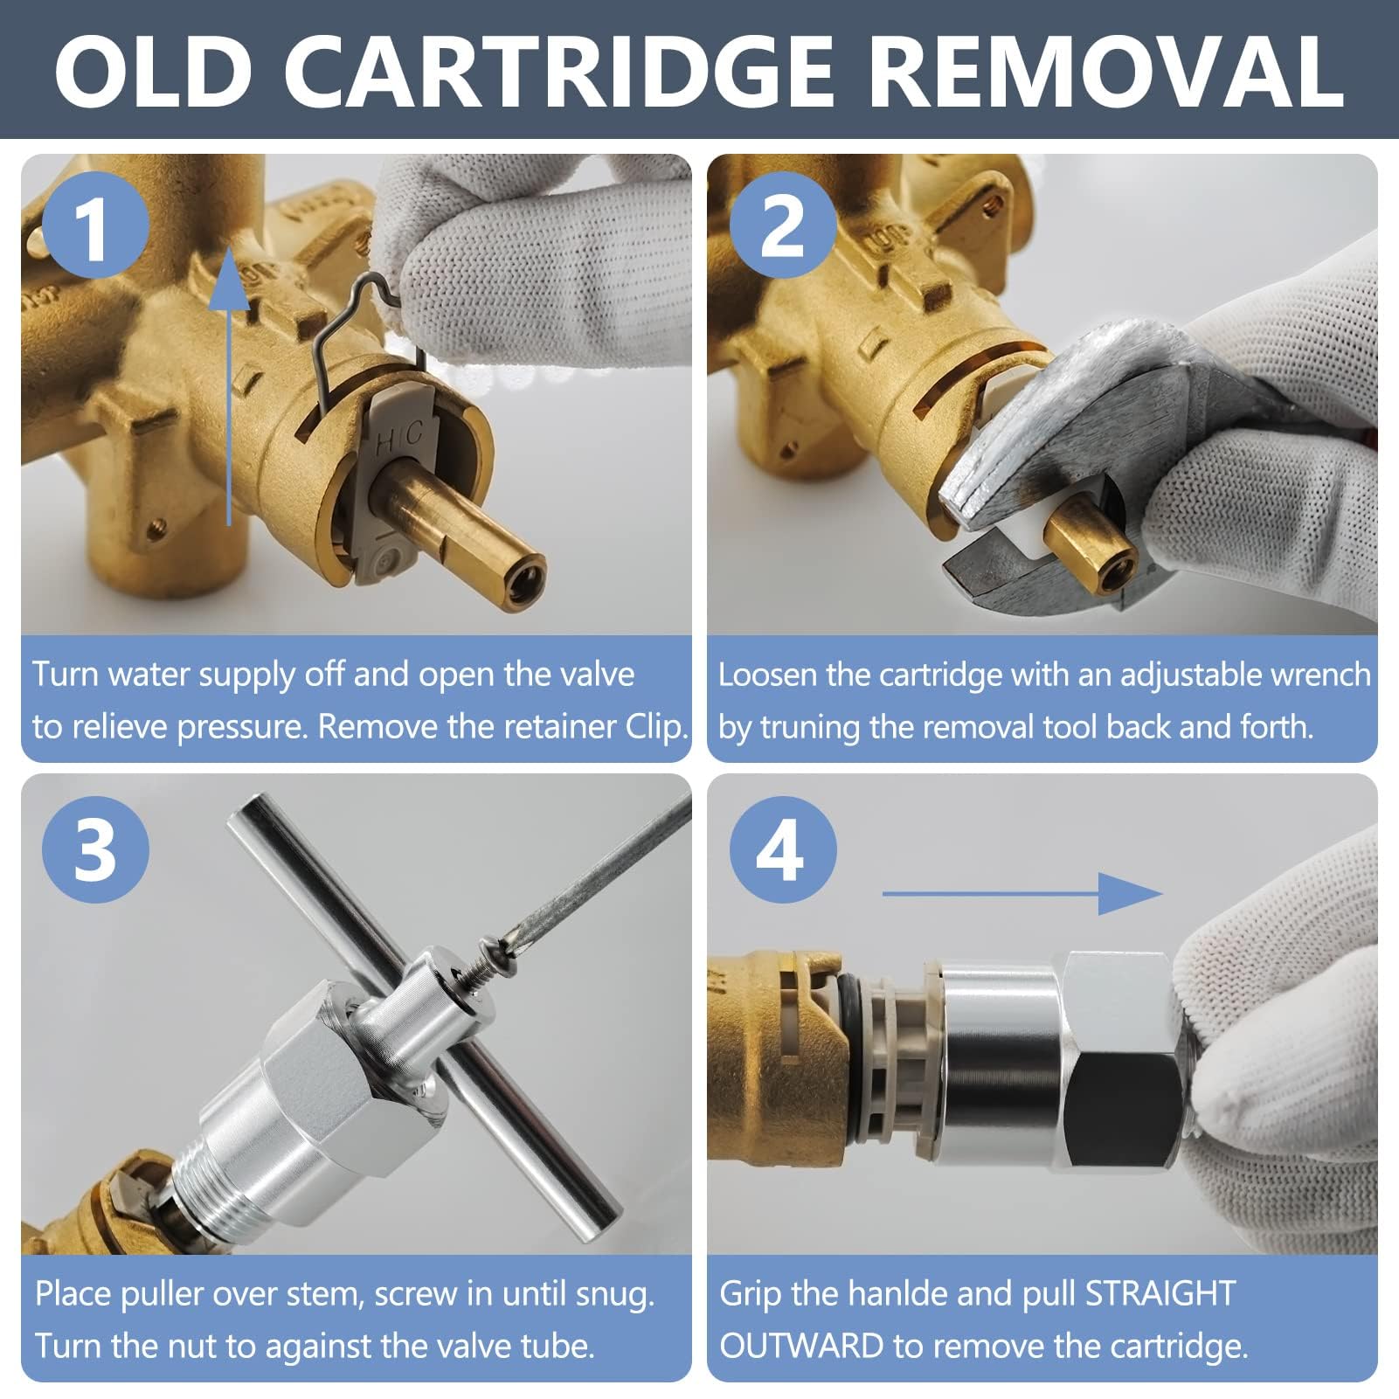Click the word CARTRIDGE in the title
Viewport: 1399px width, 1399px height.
(x=560, y=72)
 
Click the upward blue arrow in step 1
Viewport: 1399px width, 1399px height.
(x=229, y=385)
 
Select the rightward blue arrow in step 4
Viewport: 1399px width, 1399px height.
(x=1022, y=893)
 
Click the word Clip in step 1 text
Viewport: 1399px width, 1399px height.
(x=656, y=728)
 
